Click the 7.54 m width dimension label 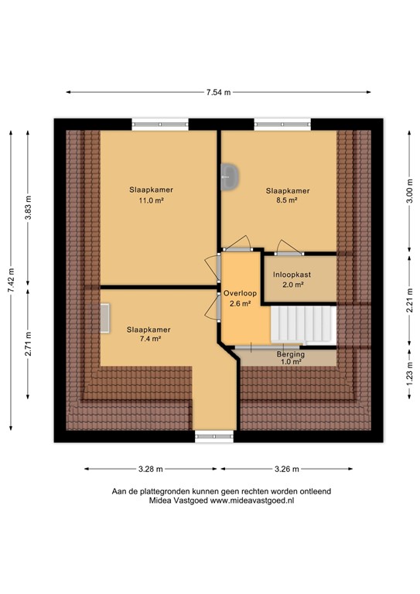click(217, 93)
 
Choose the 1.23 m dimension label click(408, 380)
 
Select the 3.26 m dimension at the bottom click(287, 469)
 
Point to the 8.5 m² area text click(288, 200)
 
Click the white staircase click(302, 325)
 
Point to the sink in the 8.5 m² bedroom click(230, 177)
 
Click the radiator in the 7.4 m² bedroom click(104, 317)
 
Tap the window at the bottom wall click(213, 436)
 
